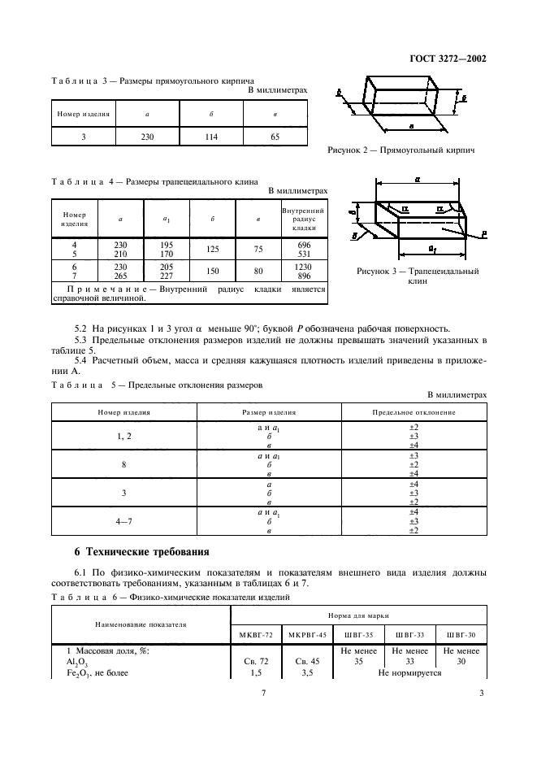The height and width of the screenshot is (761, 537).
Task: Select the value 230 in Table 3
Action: (147, 137)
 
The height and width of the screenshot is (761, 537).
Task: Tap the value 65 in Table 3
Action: (275, 137)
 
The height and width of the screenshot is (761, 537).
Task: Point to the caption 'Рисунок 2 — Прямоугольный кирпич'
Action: (401, 150)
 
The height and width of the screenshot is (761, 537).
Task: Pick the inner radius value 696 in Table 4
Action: (303, 244)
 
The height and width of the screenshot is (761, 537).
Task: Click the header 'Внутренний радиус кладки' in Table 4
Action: (303, 218)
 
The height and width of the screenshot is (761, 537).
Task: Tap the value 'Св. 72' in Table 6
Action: (252, 661)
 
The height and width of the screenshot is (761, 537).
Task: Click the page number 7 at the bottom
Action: (263, 693)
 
